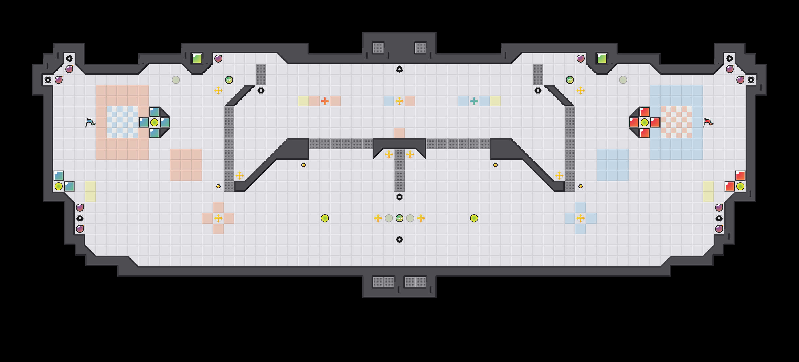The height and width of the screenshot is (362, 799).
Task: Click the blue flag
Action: point(90,122)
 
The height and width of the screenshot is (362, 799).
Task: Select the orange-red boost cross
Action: point(325,101)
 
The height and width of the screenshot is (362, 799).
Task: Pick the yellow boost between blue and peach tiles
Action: point(399,101)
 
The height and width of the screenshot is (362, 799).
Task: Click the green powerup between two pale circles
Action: point(399,218)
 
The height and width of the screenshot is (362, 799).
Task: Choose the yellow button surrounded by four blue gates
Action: point(154,122)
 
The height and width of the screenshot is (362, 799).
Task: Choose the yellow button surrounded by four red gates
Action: point(645,122)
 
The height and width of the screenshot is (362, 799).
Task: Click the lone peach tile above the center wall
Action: point(399,133)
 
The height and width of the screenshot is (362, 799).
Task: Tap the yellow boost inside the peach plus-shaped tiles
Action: point(218,218)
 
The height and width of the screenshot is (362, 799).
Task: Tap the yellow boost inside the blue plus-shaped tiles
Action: point(581,218)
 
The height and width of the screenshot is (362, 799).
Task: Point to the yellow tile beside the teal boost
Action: point(495,101)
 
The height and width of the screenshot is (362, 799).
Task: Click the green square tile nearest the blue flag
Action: point(197,58)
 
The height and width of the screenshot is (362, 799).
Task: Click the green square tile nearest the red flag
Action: point(602,58)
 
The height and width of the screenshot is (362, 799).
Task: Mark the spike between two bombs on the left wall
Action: point(80,218)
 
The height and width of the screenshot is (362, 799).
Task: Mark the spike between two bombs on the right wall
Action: point(719,218)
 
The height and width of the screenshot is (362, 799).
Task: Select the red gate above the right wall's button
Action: point(740,176)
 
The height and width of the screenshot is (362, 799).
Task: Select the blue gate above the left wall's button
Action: point(59,176)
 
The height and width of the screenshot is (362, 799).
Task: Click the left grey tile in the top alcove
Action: point(378,48)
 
